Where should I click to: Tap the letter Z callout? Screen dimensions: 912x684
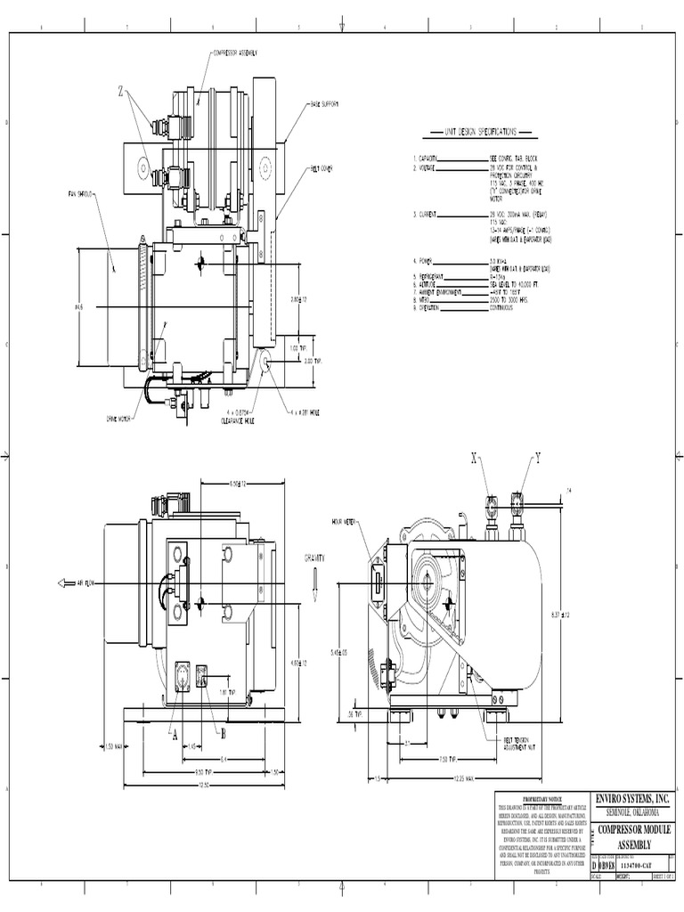122,91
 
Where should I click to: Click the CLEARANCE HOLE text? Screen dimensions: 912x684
239,419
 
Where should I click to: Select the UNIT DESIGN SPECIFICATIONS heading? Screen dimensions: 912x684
479,132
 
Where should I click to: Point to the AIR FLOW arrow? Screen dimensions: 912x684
80,582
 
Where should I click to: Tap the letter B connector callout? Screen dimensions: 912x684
224,733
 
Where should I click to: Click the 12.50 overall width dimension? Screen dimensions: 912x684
204,785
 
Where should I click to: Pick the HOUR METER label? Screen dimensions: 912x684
343,522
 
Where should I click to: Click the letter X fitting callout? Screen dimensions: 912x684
475,459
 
